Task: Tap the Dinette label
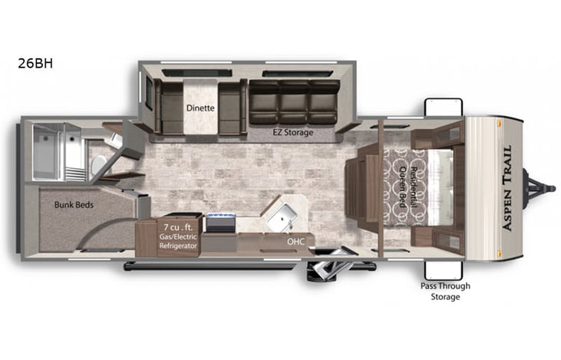click(200, 108)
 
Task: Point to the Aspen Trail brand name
click(507, 188)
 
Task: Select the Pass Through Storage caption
click(444, 292)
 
